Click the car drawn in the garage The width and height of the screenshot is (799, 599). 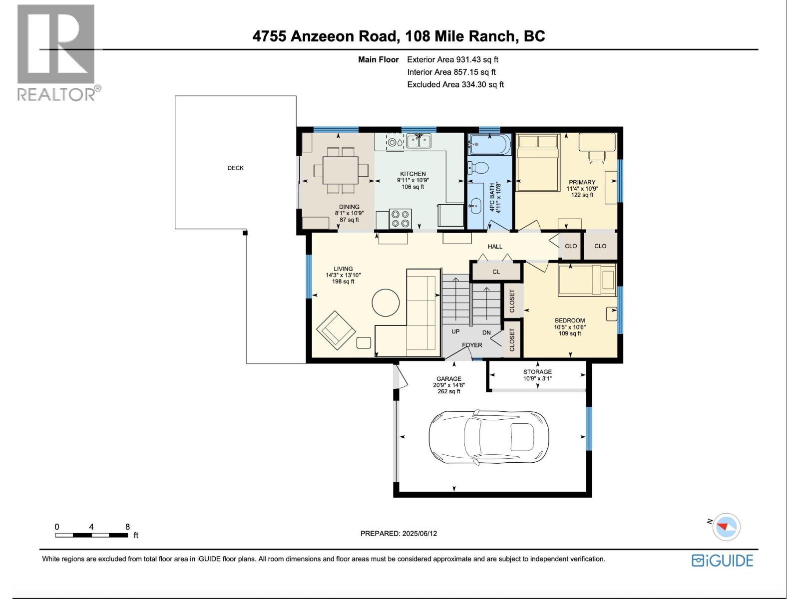[488, 437]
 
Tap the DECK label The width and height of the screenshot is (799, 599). [235, 168]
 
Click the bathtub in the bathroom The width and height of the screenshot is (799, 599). [489, 145]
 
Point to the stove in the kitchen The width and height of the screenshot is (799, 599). [399, 219]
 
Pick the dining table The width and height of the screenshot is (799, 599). [341, 170]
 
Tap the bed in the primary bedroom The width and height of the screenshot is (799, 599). [537, 162]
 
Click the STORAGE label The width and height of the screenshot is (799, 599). [537, 372]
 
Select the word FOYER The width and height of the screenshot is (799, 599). [472, 345]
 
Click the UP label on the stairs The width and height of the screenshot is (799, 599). [455, 332]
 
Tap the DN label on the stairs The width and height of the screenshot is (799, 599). [486, 332]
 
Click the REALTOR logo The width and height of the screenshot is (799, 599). [56, 52]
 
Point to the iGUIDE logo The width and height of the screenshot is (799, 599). [722, 561]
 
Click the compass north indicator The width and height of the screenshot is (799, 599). [726, 527]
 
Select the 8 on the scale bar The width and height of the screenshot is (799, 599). [127, 527]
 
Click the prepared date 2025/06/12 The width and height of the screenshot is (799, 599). [419, 533]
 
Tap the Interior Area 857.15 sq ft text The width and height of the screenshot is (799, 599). [451, 72]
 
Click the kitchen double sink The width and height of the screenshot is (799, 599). [418, 142]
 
